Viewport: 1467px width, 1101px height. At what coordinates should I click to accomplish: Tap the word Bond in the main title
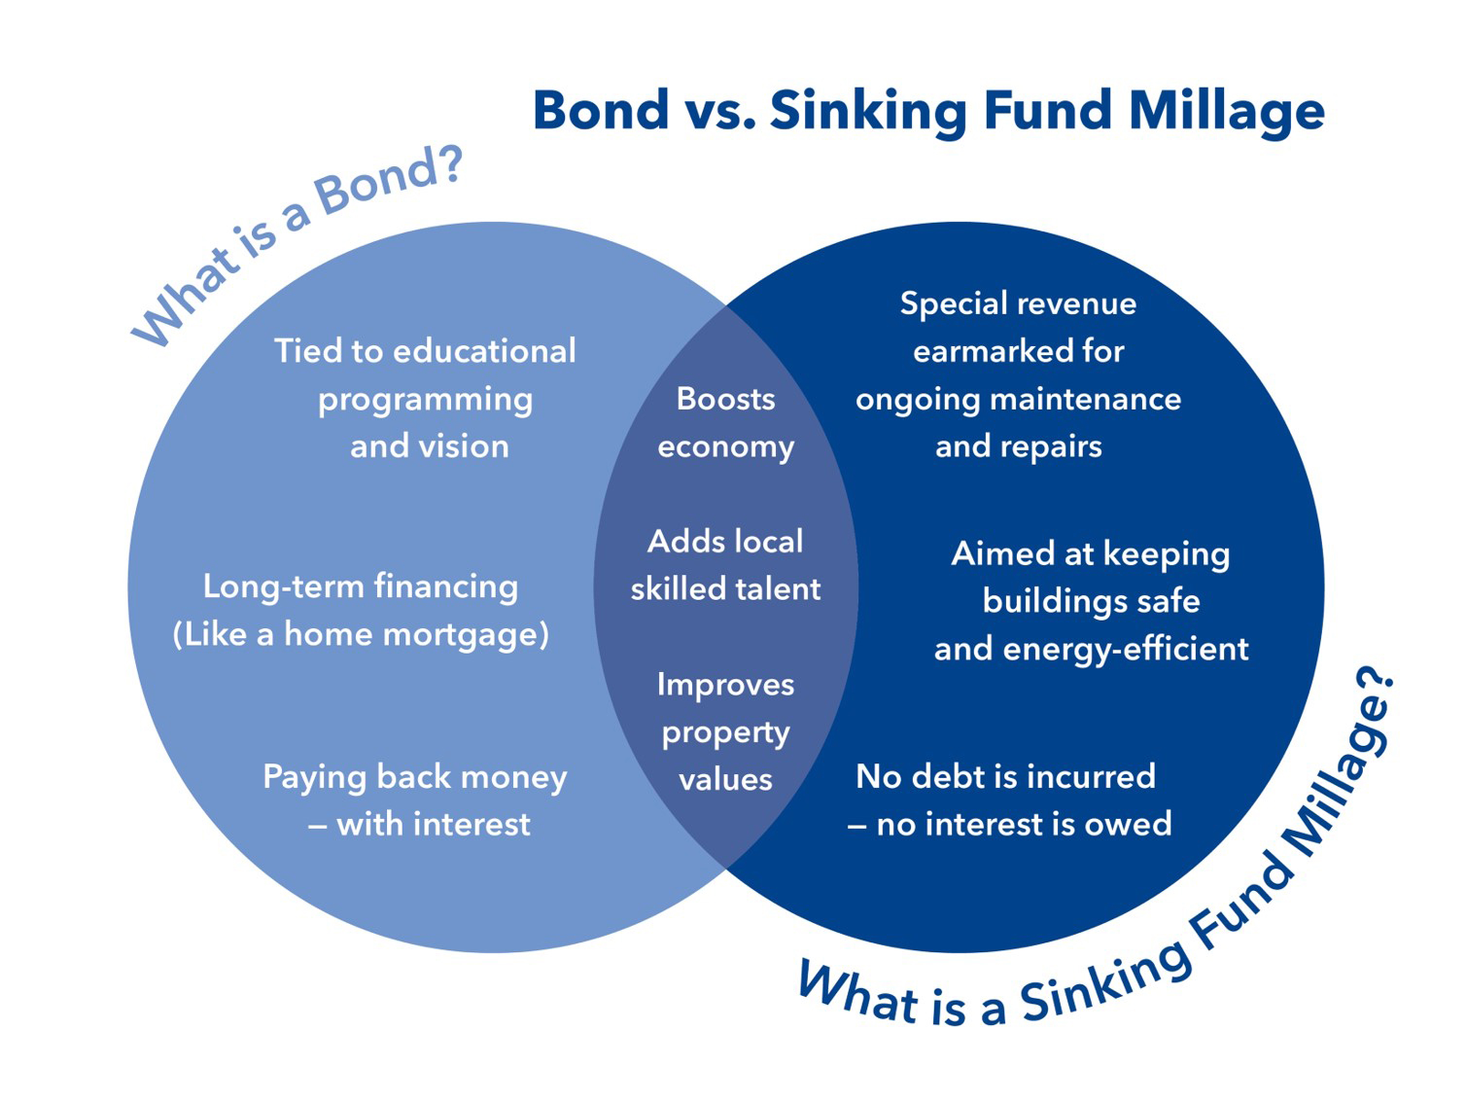click(x=601, y=109)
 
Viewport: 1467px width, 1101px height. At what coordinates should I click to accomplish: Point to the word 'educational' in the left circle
click(x=484, y=351)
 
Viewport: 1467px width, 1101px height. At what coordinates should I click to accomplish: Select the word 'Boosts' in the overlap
click(x=726, y=399)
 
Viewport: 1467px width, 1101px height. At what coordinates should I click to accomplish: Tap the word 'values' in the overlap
click(x=726, y=780)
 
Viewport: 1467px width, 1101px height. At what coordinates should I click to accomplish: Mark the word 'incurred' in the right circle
click(x=1092, y=776)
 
